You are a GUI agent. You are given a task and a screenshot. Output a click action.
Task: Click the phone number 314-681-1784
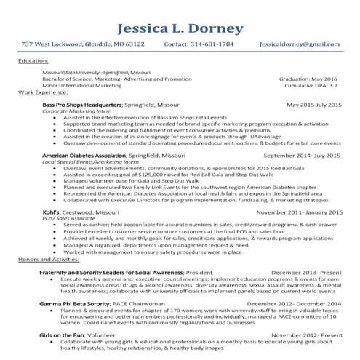[212, 44]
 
